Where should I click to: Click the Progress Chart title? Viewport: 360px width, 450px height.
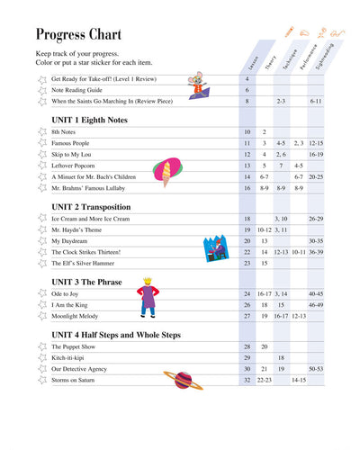pyautogui.click(x=81, y=35)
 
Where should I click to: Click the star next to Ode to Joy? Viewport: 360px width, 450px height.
pyautogui.click(x=40, y=294)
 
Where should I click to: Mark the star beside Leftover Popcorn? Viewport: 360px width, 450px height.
pyautogui.click(x=40, y=166)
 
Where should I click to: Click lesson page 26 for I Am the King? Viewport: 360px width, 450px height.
pyautogui.click(x=247, y=305)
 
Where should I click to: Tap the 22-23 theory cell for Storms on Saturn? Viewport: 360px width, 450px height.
pyautogui.click(x=264, y=381)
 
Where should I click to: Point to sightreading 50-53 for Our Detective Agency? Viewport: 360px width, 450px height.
pyautogui.click(x=316, y=369)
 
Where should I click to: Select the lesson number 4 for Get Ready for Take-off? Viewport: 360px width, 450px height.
pyautogui.click(x=247, y=79)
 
